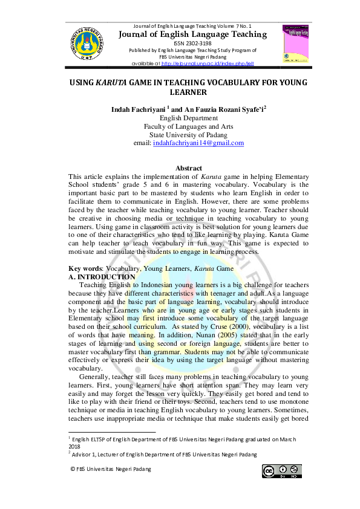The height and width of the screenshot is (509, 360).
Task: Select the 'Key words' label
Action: click(83, 267)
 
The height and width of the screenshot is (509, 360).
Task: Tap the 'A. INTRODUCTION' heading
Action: click(102, 276)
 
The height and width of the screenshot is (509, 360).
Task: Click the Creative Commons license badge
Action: click(282, 471)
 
